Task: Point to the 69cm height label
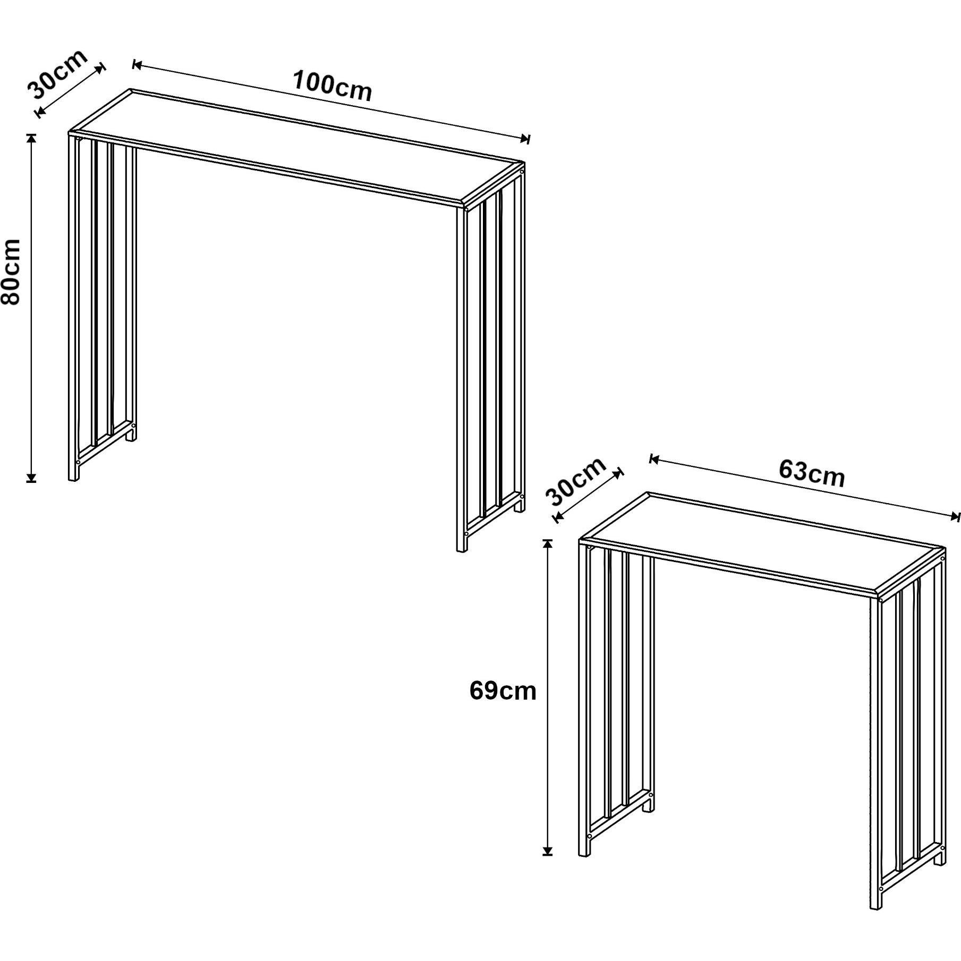(x=503, y=691)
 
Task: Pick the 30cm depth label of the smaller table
(x=576, y=481)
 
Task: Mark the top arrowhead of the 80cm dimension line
(x=32, y=137)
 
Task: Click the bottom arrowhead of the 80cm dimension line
(x=32, y=478)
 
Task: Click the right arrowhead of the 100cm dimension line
(x=525, y=139)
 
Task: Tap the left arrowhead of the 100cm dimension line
(x=137, y=65)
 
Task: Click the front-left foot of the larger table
(x=74, y=472)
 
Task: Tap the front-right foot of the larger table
(x=462, y=543)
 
